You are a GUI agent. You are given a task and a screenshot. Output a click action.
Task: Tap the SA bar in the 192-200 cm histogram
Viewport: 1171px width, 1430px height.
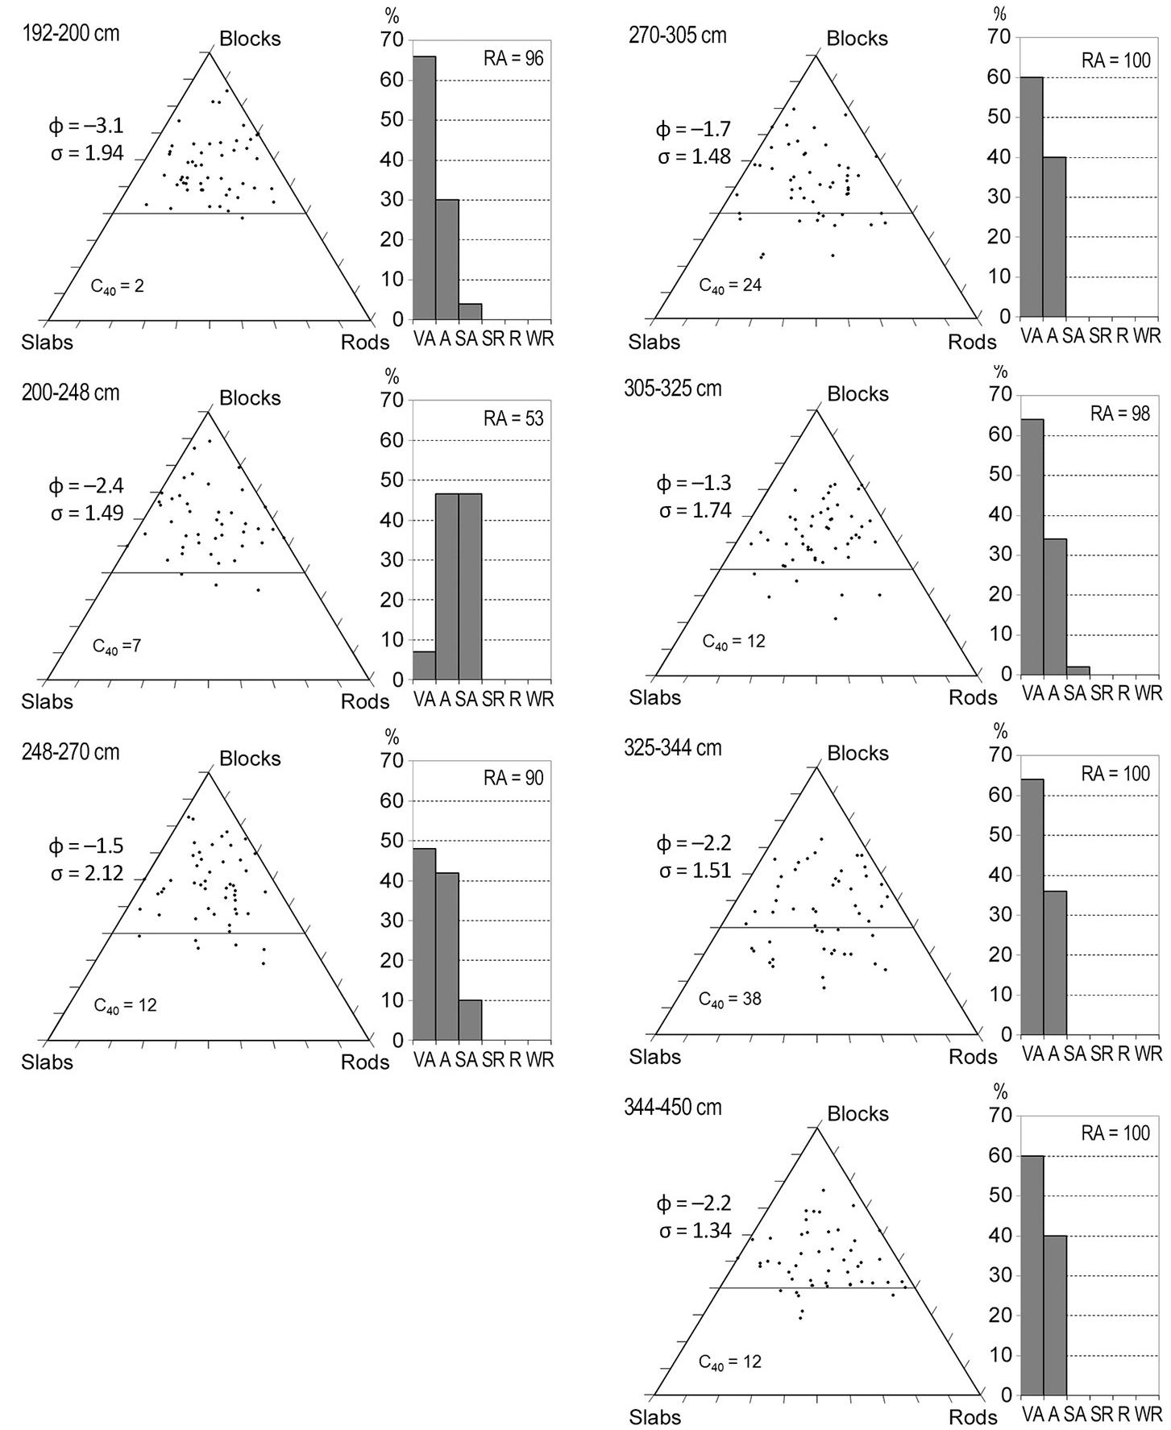tap(470, 311)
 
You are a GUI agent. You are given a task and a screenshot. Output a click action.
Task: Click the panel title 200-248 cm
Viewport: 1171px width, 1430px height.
tap(71, 393)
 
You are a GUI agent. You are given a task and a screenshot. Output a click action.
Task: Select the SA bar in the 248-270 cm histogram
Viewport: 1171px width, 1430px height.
tap(470, 1020)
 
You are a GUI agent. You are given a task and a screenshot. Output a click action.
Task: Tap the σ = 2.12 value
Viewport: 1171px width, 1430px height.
tap(87, 873)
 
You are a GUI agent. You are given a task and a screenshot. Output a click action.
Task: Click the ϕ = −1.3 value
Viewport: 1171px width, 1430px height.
tap(694, 484)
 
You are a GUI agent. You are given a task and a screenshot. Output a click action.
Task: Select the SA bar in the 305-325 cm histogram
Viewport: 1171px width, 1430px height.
tap(1078, 671)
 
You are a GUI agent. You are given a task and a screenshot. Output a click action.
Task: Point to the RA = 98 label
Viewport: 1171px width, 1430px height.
tap(1120, 414)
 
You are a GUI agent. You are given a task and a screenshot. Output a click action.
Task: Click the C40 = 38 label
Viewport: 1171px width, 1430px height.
tap(730, 1000)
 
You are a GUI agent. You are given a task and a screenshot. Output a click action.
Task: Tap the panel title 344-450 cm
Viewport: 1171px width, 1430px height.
tap(673, 1108)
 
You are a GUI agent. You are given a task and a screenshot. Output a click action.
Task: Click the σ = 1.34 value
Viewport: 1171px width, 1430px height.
tap(695, 1231)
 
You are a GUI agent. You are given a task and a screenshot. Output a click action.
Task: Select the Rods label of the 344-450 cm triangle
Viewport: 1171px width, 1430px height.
tap(972, 1417)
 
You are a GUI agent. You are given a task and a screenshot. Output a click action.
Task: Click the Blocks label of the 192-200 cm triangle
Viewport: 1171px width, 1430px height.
tap(250, 39)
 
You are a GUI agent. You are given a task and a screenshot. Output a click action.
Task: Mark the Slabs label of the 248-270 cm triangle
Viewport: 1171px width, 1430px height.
tap(47, 1062)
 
